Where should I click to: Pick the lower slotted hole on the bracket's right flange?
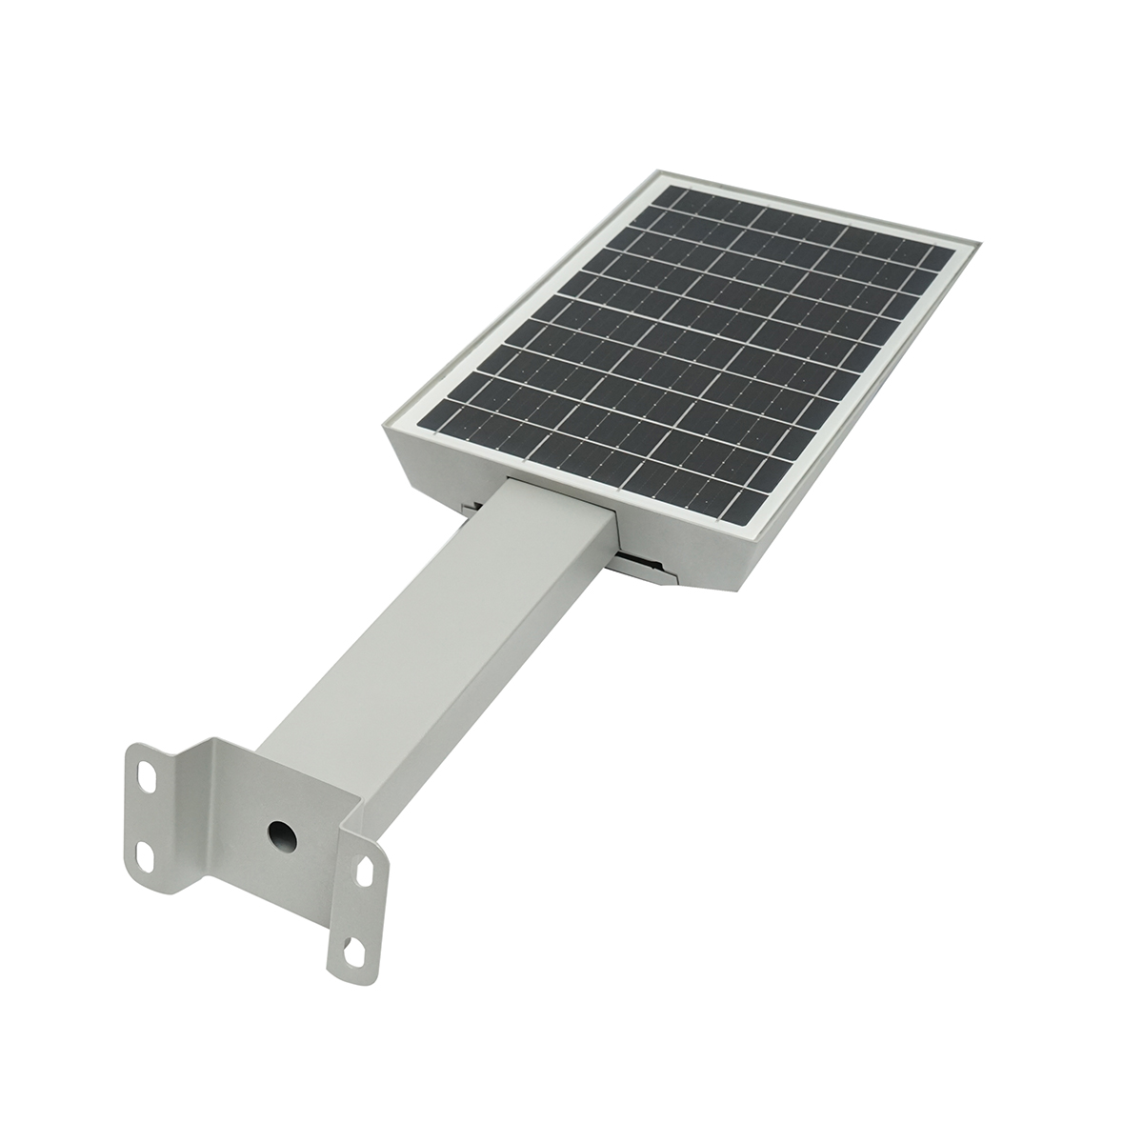353,947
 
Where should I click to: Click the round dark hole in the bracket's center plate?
280,833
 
